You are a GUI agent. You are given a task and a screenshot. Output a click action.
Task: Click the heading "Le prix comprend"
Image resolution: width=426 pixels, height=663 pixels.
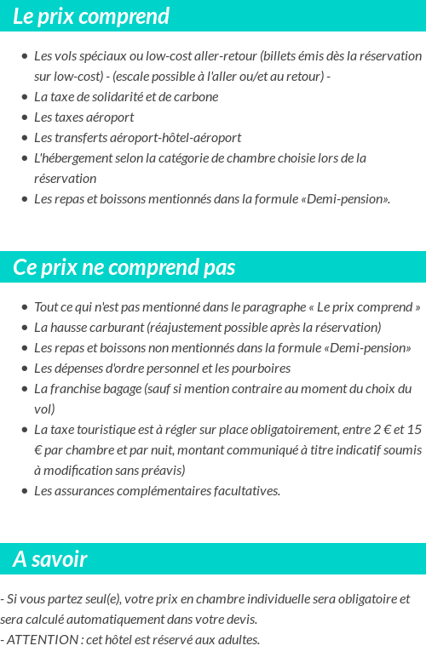[91, 16]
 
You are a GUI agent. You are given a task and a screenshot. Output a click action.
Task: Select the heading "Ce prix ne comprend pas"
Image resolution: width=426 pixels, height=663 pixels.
[124, 267]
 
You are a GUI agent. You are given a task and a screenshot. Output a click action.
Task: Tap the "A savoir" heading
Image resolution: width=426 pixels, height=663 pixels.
[50, 559]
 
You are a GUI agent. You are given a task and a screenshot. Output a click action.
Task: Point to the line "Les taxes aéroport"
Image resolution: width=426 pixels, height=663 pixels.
[83, 117]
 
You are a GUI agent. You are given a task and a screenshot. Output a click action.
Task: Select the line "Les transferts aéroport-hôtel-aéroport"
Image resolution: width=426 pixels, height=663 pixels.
[137, 137]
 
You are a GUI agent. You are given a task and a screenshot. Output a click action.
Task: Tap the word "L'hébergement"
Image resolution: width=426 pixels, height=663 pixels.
[71, 157]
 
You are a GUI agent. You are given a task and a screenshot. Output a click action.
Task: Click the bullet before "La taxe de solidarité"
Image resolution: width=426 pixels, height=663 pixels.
[24, 97]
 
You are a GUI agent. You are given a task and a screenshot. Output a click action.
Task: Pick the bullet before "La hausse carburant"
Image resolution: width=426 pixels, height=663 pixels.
[24, 328]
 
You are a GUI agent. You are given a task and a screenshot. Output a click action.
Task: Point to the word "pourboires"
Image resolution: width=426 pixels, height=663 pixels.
[261, 369]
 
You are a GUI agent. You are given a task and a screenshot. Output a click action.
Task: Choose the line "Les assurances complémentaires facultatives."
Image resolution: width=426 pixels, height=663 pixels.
[157, 490]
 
